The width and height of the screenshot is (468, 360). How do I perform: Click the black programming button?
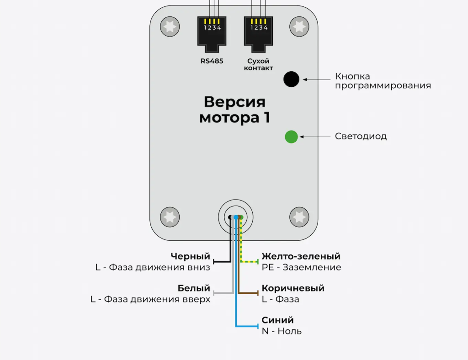[291, 79]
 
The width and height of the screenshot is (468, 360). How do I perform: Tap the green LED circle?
[291, 137]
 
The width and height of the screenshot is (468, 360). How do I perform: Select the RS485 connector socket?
[212, 31]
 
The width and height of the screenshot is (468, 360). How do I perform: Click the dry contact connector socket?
[258, 31]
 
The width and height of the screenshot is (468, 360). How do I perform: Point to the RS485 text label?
[212, 61]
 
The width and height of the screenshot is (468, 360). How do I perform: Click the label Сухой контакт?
[258, 64]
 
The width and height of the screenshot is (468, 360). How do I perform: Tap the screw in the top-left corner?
[170, 26]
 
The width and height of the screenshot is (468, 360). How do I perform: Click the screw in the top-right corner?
[299, 26]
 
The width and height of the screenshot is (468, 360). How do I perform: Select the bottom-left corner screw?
[170, 216]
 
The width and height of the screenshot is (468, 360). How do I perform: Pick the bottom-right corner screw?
[299, 216]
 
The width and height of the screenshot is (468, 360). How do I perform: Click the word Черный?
[190, 256]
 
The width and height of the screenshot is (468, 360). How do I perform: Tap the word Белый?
[194, 288]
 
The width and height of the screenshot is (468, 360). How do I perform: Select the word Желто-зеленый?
[301, 256]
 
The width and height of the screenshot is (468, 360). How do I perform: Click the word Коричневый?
[293, 288]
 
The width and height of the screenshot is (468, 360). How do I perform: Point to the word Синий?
[277, 320]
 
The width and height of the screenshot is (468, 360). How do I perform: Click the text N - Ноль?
[282, 331]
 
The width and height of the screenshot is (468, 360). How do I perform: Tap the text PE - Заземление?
[301, 267]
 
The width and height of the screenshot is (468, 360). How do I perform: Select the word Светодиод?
[361, 137]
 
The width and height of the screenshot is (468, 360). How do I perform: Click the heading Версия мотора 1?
[234, 109]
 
